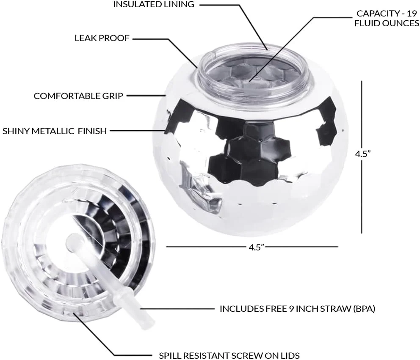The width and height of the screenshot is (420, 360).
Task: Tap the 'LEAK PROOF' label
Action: click(102, 38)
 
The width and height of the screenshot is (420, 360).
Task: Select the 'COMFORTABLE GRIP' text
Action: click(78, 96)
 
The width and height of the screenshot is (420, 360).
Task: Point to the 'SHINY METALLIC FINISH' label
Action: click(55, 131)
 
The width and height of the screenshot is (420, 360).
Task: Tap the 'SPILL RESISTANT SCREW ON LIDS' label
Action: click(229, 355)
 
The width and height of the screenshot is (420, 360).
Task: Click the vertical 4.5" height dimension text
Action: click(363, 154)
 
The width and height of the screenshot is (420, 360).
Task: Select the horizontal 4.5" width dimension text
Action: click(256, 247)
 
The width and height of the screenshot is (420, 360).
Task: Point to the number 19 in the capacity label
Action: click(412, 13)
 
